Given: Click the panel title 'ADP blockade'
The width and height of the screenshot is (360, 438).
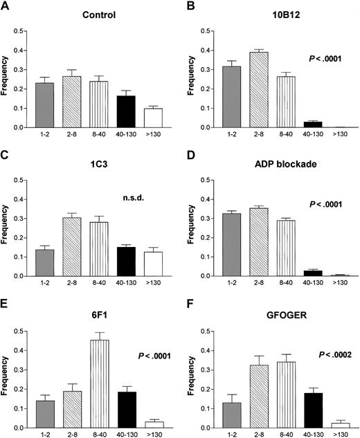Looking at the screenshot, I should click(x=281, y=163).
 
